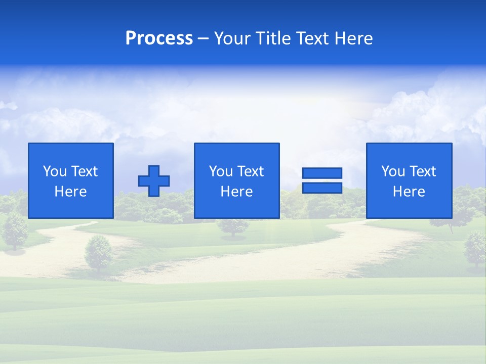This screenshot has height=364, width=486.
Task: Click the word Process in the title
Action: click(x=159, y=38)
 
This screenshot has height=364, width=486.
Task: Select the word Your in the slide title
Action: click(x=232, y=38)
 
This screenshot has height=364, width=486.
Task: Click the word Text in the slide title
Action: click(x=315, y=38)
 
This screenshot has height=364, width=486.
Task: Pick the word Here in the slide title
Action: click(x=354, y=38)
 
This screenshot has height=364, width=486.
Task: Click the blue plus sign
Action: click(x=154, y=181)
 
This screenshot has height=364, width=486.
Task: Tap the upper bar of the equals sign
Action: click(x=322, y=173)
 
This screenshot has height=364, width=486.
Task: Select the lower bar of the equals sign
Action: click(x=322, y=188)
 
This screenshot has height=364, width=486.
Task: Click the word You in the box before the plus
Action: click(x=55, y=171)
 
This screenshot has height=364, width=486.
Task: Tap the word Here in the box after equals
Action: click(x=409, y=192)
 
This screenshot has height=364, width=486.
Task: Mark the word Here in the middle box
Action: click(x=236, y=192)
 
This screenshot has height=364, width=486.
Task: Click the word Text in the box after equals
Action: click(x=423, y=171)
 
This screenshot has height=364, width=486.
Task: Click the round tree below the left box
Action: click(x=98, y=253)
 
